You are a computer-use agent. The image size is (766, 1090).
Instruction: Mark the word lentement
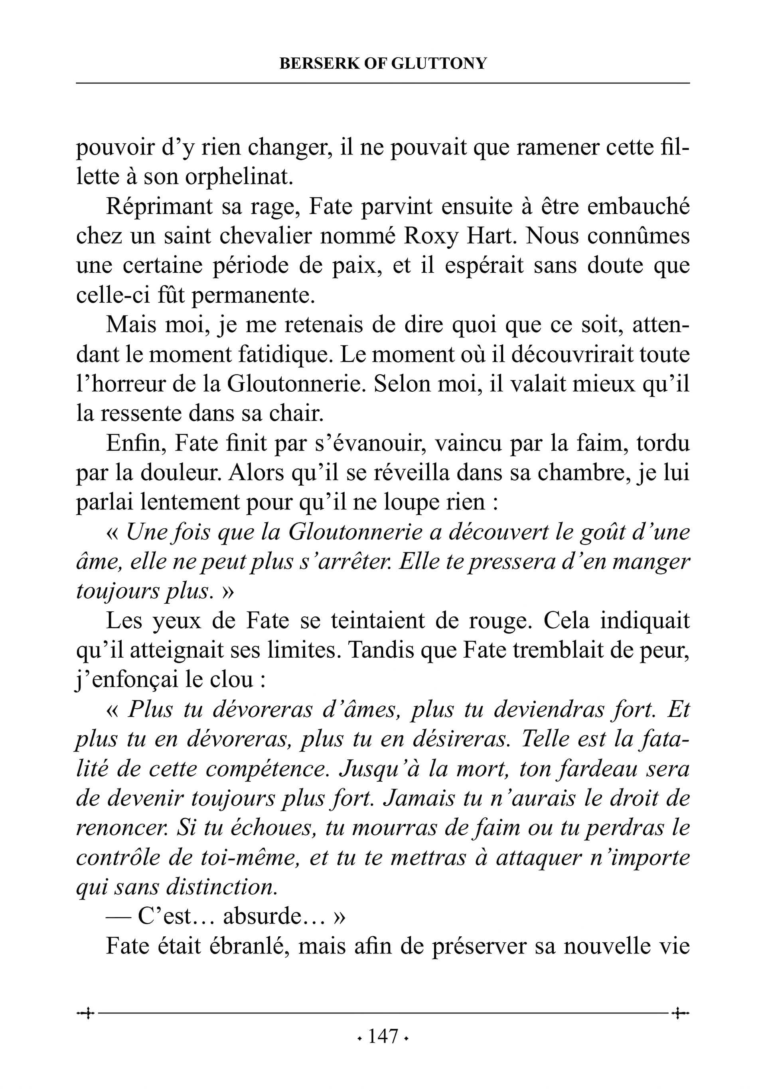click(180, 503)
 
